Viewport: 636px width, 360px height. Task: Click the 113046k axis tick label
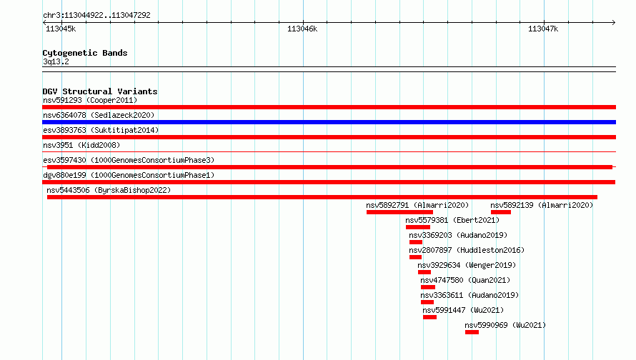pos(302,29)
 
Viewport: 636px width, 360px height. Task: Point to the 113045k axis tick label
pos(61,29)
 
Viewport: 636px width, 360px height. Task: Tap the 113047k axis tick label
pos(543,29)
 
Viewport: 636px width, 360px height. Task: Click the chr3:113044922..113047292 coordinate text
pos(96,15)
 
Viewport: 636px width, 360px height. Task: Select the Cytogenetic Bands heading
pos(85,53)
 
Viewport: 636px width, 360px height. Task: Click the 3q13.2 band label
pos(56,61)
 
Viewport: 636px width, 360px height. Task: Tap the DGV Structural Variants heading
pos(100,91)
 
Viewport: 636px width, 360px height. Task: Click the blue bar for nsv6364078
pos(329,122)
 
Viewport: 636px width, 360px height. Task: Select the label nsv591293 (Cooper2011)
pos(90,100)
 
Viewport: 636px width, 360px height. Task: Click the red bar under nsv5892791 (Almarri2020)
pos(399,212)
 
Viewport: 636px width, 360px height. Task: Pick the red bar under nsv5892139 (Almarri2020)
pos(500,212)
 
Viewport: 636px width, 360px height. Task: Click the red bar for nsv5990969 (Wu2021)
pos(472,332)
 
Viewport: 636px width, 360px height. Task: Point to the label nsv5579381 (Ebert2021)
pos(452,220)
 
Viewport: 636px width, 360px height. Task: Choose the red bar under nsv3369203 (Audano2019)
pos(416,242)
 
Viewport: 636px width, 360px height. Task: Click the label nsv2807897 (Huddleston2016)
pos(467,250)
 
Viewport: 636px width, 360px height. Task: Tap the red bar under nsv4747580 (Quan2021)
pos(428,287)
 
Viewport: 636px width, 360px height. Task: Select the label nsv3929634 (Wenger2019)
pos(467,265)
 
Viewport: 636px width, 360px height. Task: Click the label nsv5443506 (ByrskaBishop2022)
pos(109,190)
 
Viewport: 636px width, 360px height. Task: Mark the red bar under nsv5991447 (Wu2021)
pos(429,317)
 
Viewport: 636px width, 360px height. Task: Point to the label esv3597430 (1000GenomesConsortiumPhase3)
pos(129,160)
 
